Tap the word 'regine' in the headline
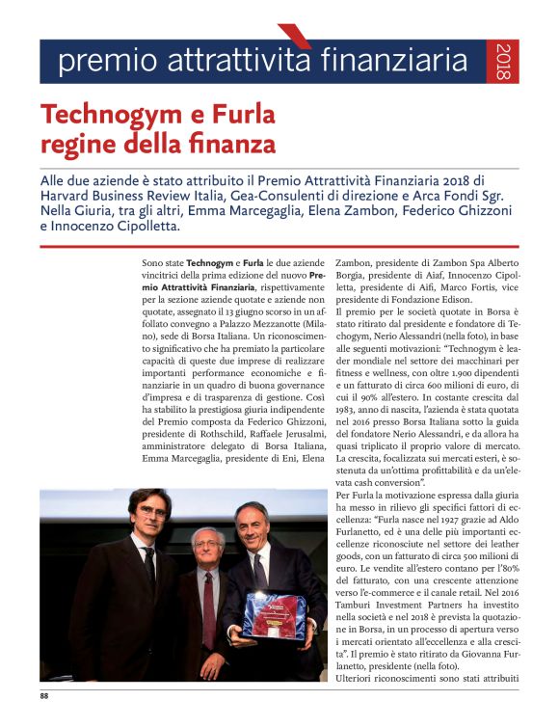click(75, 144)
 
